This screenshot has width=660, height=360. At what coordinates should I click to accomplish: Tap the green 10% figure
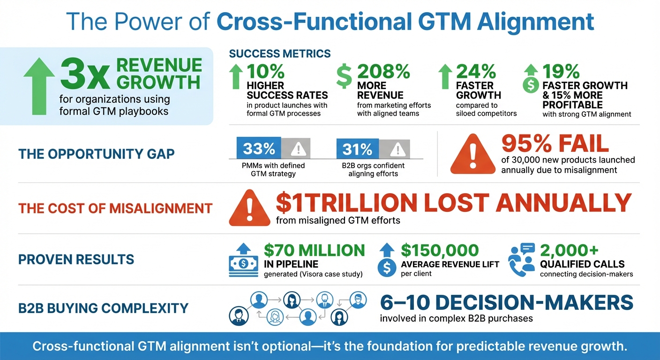click(265, 71)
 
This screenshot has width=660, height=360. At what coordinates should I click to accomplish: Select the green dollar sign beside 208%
click(344, 76)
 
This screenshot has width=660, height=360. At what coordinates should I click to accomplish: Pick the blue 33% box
click(259, 149)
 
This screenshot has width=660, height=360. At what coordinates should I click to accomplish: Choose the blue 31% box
click(357, 149)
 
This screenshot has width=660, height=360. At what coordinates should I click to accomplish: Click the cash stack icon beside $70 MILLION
click(244, 262)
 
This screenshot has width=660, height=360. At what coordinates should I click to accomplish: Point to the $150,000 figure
click(440, 250)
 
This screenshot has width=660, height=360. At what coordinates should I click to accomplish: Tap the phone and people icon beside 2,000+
click(521, 259)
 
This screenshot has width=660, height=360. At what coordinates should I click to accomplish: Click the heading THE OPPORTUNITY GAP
click(96, 153)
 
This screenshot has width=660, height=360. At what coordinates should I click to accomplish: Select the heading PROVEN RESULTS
click(76, 259)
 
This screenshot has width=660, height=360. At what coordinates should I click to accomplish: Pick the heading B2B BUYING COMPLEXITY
click(103, 308)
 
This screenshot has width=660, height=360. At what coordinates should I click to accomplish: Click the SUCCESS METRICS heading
click(279, 54)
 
